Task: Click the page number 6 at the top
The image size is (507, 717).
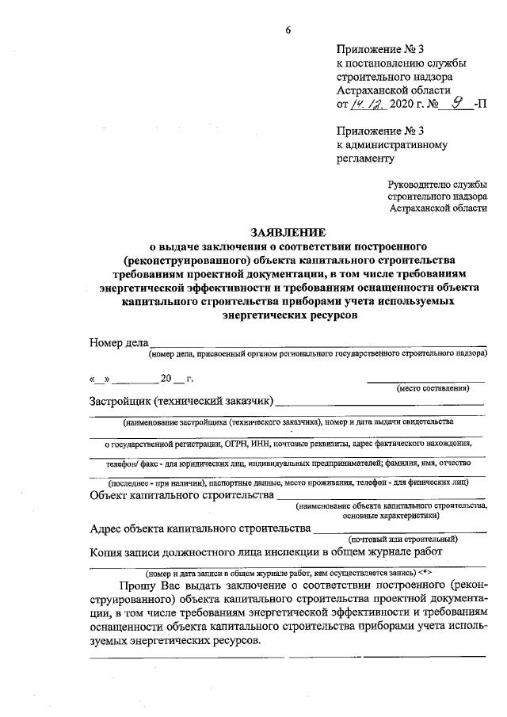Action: click(288, 30)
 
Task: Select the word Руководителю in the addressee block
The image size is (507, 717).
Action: click(414, 185)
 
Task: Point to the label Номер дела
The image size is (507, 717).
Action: click(119, 343)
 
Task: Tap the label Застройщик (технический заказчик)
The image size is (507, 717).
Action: click(181, 400)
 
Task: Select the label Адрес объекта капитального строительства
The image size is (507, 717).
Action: click(198, 528)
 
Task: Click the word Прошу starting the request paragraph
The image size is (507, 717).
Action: click(137, 585)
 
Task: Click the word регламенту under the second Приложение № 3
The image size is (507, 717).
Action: click(365, 158)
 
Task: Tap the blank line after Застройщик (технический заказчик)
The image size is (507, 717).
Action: click(380, 403)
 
